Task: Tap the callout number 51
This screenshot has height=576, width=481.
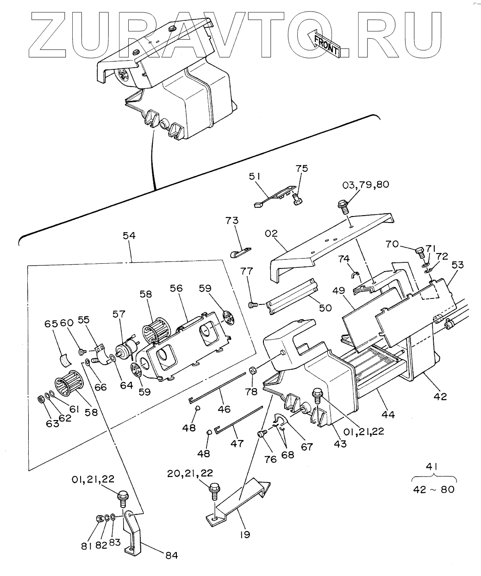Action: pos(255,176)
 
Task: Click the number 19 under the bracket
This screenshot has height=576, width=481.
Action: pos(245,535)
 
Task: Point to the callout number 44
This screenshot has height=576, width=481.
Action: pos(388,415)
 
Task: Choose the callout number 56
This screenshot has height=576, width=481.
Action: pos(176,289)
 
